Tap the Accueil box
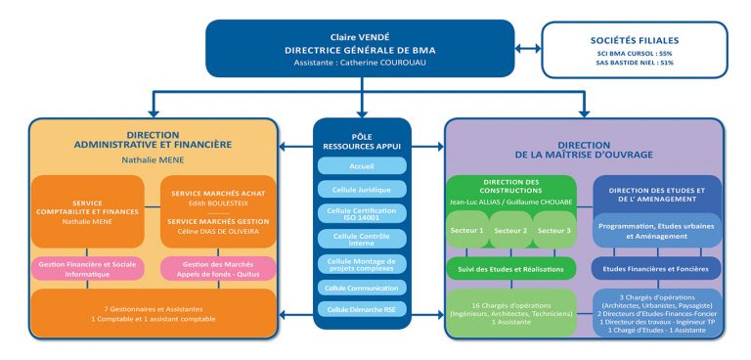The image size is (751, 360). tap(362, 166)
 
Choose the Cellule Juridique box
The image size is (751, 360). tap(362, 189)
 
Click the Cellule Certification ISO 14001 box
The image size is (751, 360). tap(362, 213)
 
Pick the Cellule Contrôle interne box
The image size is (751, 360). tap(362, 238)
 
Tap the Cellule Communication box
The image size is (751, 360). tap(362, 288)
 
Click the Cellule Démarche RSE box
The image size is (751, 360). tap(362, 309)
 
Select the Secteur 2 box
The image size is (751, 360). tap(512, 232)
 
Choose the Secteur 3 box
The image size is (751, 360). tap(552, 232)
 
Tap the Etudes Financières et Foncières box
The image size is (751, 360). tap(656, 267)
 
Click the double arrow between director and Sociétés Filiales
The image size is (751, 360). tap(528, 47)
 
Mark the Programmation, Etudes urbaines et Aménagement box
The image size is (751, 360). tap(656, 231)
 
